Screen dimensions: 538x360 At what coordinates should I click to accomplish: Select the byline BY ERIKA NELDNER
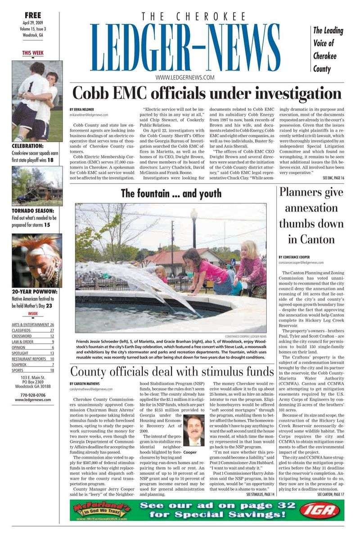point(81,110)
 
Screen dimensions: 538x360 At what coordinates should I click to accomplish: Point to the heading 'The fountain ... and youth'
point(171,194)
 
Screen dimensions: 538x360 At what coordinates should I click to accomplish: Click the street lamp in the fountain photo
point(194,227)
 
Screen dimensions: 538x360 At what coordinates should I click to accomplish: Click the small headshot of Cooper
point(194,430)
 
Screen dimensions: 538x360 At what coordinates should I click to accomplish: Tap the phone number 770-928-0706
point(33,395)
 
